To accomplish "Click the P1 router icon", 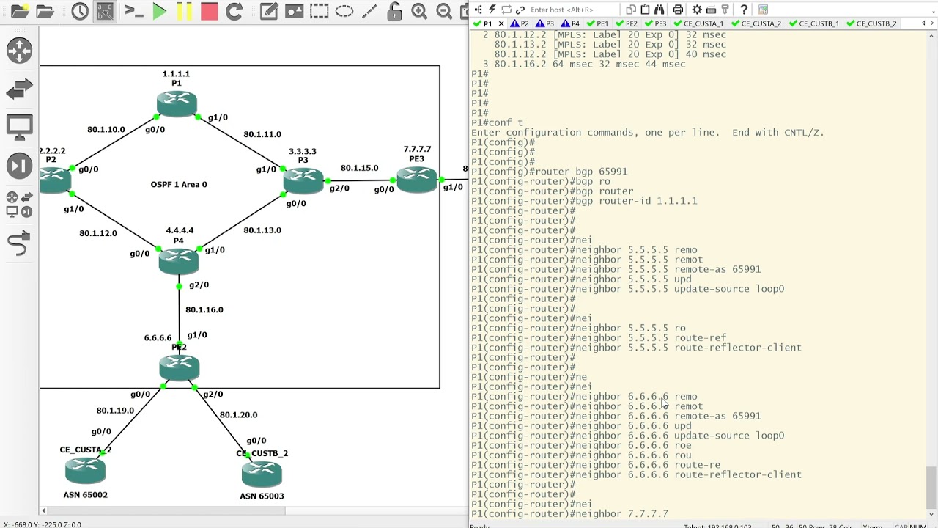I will [x=177, y=103].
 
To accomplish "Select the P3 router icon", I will [x=303, y=180].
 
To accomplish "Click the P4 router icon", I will [x=179, y=260].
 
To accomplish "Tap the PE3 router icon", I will [x=417, y=179].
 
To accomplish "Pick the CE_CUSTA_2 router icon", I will [x=85, y=469].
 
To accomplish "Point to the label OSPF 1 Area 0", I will [x=179, y=185].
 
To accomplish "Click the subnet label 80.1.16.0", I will [x=204, y=309].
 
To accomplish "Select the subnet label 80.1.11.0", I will [x=262, y=134].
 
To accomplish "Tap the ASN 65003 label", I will [x=262, y=496].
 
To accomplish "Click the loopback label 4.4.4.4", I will [x=180, y=230].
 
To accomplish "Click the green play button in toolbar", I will [x=160, y=11].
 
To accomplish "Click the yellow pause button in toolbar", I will [x=185, y=11].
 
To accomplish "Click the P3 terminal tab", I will [x=548, y=23].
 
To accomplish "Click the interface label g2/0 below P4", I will [x=199, y=285].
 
